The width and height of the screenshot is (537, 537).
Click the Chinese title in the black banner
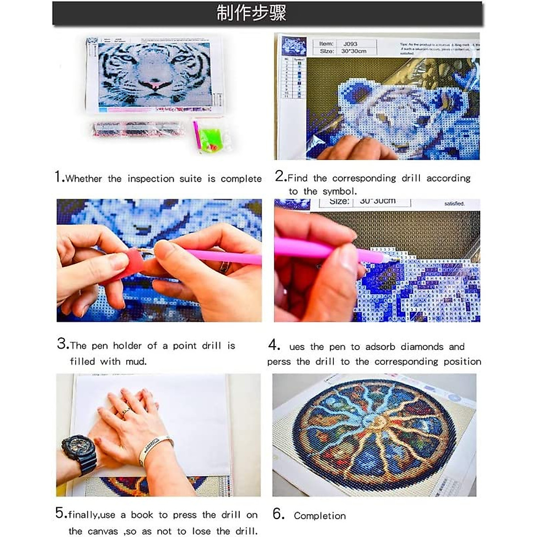[x=251, y=13]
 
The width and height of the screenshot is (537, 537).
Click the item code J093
[x=350, y=44]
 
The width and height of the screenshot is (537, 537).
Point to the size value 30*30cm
[x=354, y=51]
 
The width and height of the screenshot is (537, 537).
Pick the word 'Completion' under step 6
[x=320, y=516]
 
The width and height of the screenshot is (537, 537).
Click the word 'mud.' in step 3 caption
[x=136, y=361]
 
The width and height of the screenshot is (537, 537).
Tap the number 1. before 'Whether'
[x=60, y=177]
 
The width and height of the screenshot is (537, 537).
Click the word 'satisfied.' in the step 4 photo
[x=455, y=204]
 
